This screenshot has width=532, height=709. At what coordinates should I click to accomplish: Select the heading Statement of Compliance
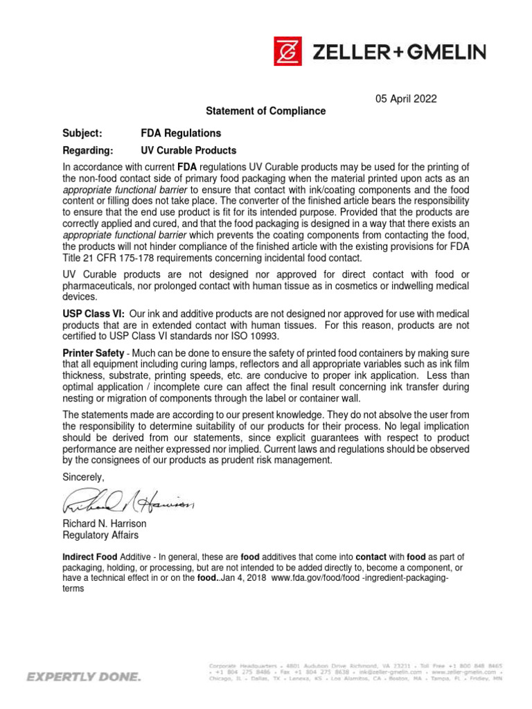[x=265, y=111]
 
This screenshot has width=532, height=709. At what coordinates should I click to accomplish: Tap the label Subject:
[x=82, y=132]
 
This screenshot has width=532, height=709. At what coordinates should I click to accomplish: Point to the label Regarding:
[x=87, y=150]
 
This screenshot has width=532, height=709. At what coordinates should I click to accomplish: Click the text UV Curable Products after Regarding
[x=188, y=150]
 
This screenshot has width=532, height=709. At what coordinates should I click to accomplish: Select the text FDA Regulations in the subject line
[x=181, y=132]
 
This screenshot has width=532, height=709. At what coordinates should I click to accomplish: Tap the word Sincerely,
[x=84, y=477]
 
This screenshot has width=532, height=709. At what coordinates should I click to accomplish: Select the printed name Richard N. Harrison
[x=105, y=524]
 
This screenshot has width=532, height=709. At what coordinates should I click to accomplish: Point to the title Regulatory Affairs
[x=100, y=535]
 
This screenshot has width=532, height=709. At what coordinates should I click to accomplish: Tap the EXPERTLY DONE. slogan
[x=83, y=676]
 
